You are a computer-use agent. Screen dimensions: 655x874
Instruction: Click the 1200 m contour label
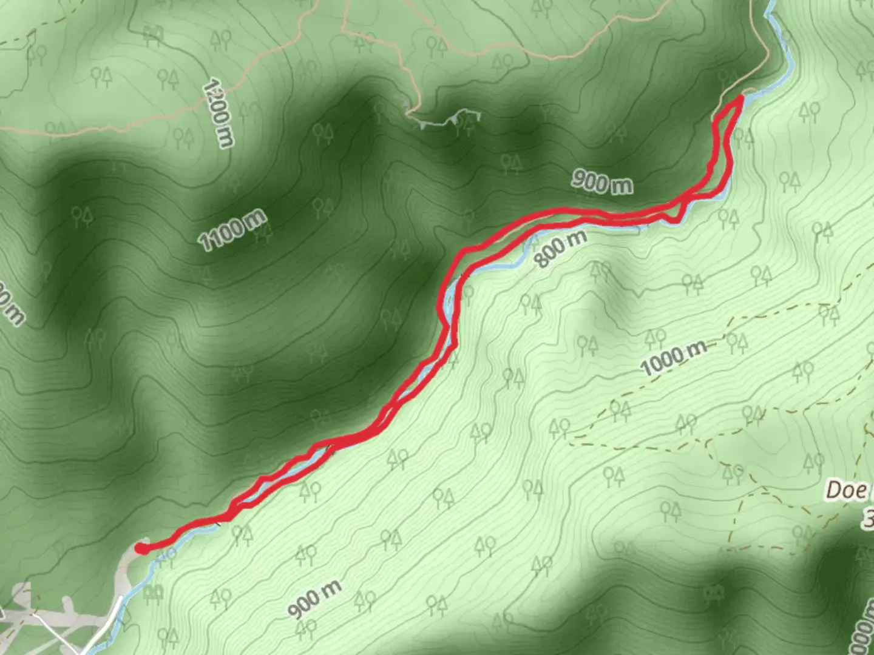point(218,113)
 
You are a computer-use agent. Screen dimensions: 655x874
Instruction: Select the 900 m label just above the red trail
point(601,182)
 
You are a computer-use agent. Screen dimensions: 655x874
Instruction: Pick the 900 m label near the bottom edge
point(314,599)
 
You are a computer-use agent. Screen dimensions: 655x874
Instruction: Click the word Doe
point(846,490)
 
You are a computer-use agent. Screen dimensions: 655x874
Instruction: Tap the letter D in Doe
point(834,490)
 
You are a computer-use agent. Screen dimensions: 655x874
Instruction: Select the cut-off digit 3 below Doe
point(869,519)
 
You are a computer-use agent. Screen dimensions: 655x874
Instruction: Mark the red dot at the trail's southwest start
point(141,548)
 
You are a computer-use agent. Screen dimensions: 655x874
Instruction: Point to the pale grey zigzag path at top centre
point(446,119)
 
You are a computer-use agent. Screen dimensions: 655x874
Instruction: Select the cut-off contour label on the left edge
point(11,303)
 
